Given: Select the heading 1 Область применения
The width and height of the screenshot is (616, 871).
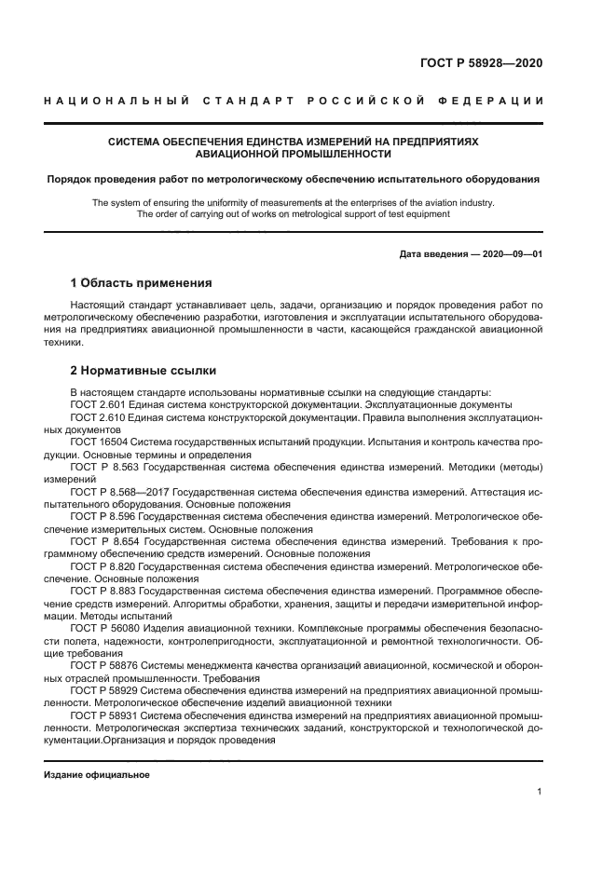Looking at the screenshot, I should [142, 282].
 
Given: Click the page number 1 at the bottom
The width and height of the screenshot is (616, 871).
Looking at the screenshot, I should [540, 792].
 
